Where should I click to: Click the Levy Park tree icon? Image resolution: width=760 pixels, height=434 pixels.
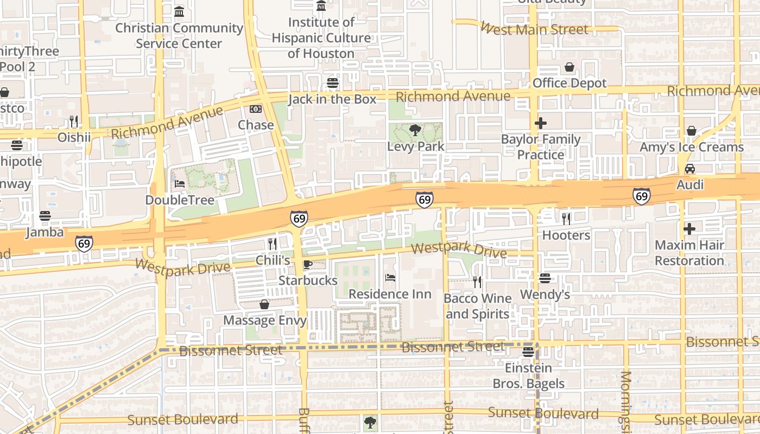[415, 130]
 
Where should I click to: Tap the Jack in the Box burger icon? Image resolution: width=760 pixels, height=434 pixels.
[332, 83]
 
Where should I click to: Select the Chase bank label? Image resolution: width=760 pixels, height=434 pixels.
[256, 125]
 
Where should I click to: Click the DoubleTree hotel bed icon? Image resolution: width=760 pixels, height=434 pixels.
[180, 184]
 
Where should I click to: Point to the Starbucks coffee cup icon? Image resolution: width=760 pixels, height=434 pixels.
[307, 265]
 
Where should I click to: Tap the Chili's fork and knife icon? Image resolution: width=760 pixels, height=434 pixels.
[272, 244]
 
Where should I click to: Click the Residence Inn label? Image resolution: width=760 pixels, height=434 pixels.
[390, 294]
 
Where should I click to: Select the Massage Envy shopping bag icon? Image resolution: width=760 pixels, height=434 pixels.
[264, 304]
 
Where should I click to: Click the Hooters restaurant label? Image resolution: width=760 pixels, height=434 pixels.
[566, 235]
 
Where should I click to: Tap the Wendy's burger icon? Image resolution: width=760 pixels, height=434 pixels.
[545, 278]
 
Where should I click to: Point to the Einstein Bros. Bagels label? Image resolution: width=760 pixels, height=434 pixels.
[528, 375]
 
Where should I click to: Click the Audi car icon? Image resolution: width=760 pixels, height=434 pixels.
[689, 169]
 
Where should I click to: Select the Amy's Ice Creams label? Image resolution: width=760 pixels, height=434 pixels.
[691, 147]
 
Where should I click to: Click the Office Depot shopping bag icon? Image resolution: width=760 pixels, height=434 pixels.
[569, 67]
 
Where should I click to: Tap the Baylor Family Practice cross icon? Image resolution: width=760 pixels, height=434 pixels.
[540, 123]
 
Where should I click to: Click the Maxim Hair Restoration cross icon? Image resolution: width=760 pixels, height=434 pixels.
[689, 229]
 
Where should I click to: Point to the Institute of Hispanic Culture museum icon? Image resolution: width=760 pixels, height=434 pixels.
[321, 6]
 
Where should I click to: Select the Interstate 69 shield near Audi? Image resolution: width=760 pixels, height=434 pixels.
[642, 196]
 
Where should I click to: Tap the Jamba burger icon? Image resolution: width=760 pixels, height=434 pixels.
[45, 216]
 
